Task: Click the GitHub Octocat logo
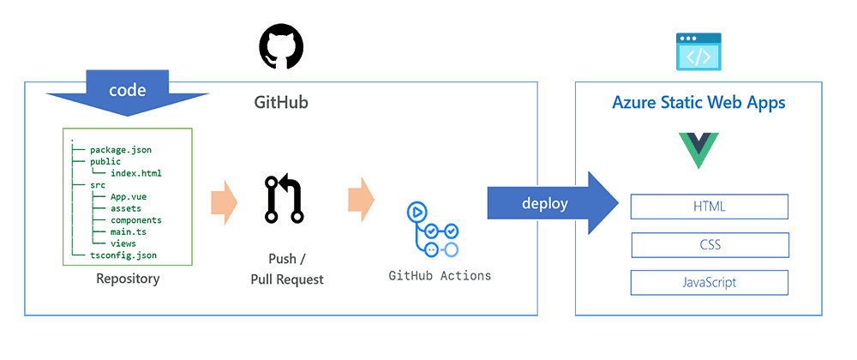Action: [x=281, y=47]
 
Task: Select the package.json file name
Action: [x=126, y=149]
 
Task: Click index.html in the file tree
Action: [x=135, y=173]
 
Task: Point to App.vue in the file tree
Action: [x=128, y=196]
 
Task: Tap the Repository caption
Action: [x=128, y=279]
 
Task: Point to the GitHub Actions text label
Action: [x=440, y=276]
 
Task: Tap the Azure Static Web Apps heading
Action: [x=698, y=103]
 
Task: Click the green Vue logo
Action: [x=698, y=151]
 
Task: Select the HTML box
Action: [x=709, y=207]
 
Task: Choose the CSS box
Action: [x=709, y=245]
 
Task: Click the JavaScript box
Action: [x=709, y=282]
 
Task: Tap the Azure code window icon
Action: [x=698, y=51]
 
